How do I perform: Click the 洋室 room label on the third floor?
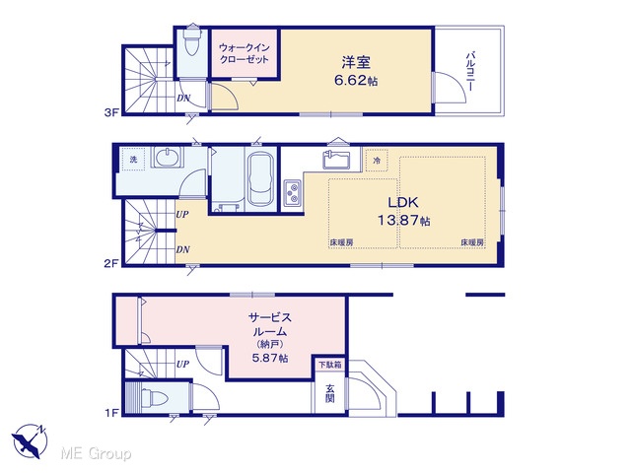356,62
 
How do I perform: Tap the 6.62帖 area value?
356,81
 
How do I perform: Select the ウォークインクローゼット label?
244,53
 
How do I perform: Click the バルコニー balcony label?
470,71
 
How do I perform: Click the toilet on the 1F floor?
154,398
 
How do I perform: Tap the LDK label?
403,202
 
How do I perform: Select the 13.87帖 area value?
403,221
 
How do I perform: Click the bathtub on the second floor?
260,178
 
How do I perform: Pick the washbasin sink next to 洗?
167,158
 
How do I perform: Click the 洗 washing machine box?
133,160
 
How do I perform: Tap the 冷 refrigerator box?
377,161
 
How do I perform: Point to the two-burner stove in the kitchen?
293,193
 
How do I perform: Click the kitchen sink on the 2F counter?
336,160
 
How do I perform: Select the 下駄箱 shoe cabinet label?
330,365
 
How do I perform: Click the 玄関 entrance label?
330,393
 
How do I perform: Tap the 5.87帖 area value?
270,358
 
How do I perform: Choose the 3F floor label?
111,113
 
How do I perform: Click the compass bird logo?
29,440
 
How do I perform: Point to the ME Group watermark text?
96,453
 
